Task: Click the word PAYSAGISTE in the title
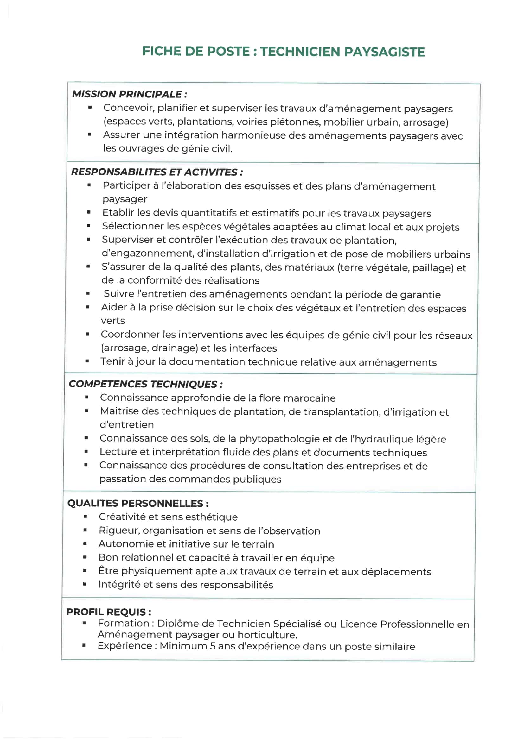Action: (x=384, y=52)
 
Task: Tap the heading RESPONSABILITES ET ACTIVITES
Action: (x=157, y=172)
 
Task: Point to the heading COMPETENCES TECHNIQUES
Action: (x=145, y=384)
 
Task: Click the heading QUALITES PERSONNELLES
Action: (x=138, y=504)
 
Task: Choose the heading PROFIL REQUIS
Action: (x=108, y=612)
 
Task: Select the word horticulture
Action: (x=267, y=635)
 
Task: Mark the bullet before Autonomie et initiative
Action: (x=85, y=544)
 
